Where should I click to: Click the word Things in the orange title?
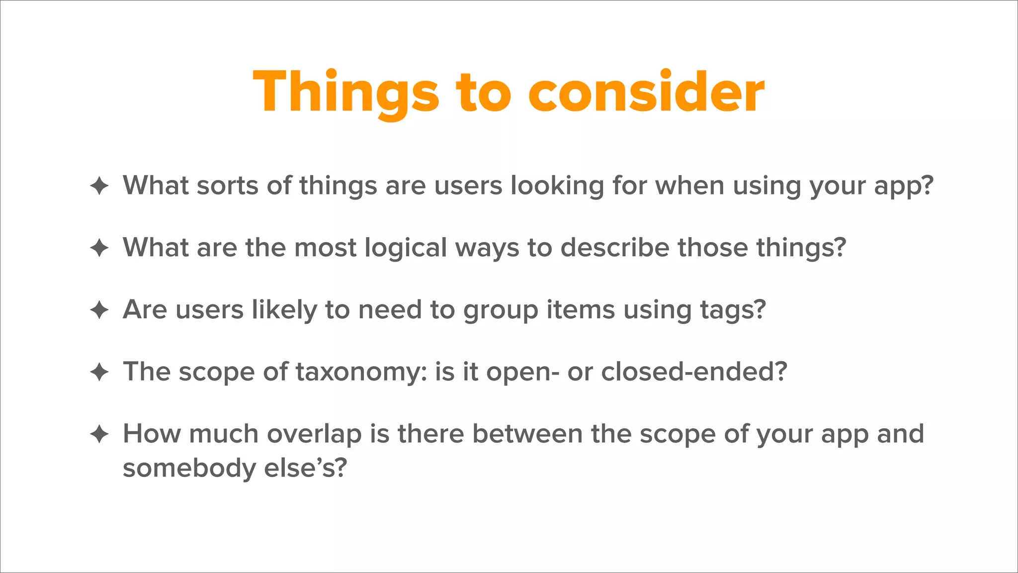tap(346, 93)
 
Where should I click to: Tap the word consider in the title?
tap(646, 93)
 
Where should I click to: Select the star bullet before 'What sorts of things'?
tap(99, 186)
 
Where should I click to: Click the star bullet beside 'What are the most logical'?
tap(99, 248)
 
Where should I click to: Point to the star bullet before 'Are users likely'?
tap(99, 310)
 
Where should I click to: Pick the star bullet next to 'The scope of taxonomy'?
tap(99, 372)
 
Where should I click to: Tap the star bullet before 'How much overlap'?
tap(99, 434)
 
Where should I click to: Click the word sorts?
tap(227, 186)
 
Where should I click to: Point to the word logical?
tap(406, 248)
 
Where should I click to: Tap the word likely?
tap(284, 310)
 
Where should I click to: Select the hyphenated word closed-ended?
tap(694, 372)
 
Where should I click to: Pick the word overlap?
tap(314, 434)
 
